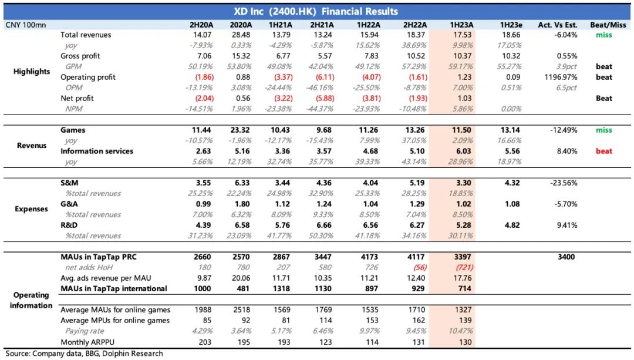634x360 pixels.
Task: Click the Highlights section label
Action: [32, 72]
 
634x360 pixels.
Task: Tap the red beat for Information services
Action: [604, 151]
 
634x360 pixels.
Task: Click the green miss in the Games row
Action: [604, 130]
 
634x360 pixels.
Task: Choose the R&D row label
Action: [69, 225]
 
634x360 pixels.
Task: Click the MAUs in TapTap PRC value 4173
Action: [369, 257]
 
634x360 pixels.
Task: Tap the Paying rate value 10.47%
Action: [461, 331]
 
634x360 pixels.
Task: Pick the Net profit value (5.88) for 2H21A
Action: [322, 98]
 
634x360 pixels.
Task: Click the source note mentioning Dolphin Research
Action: [84, 354]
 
